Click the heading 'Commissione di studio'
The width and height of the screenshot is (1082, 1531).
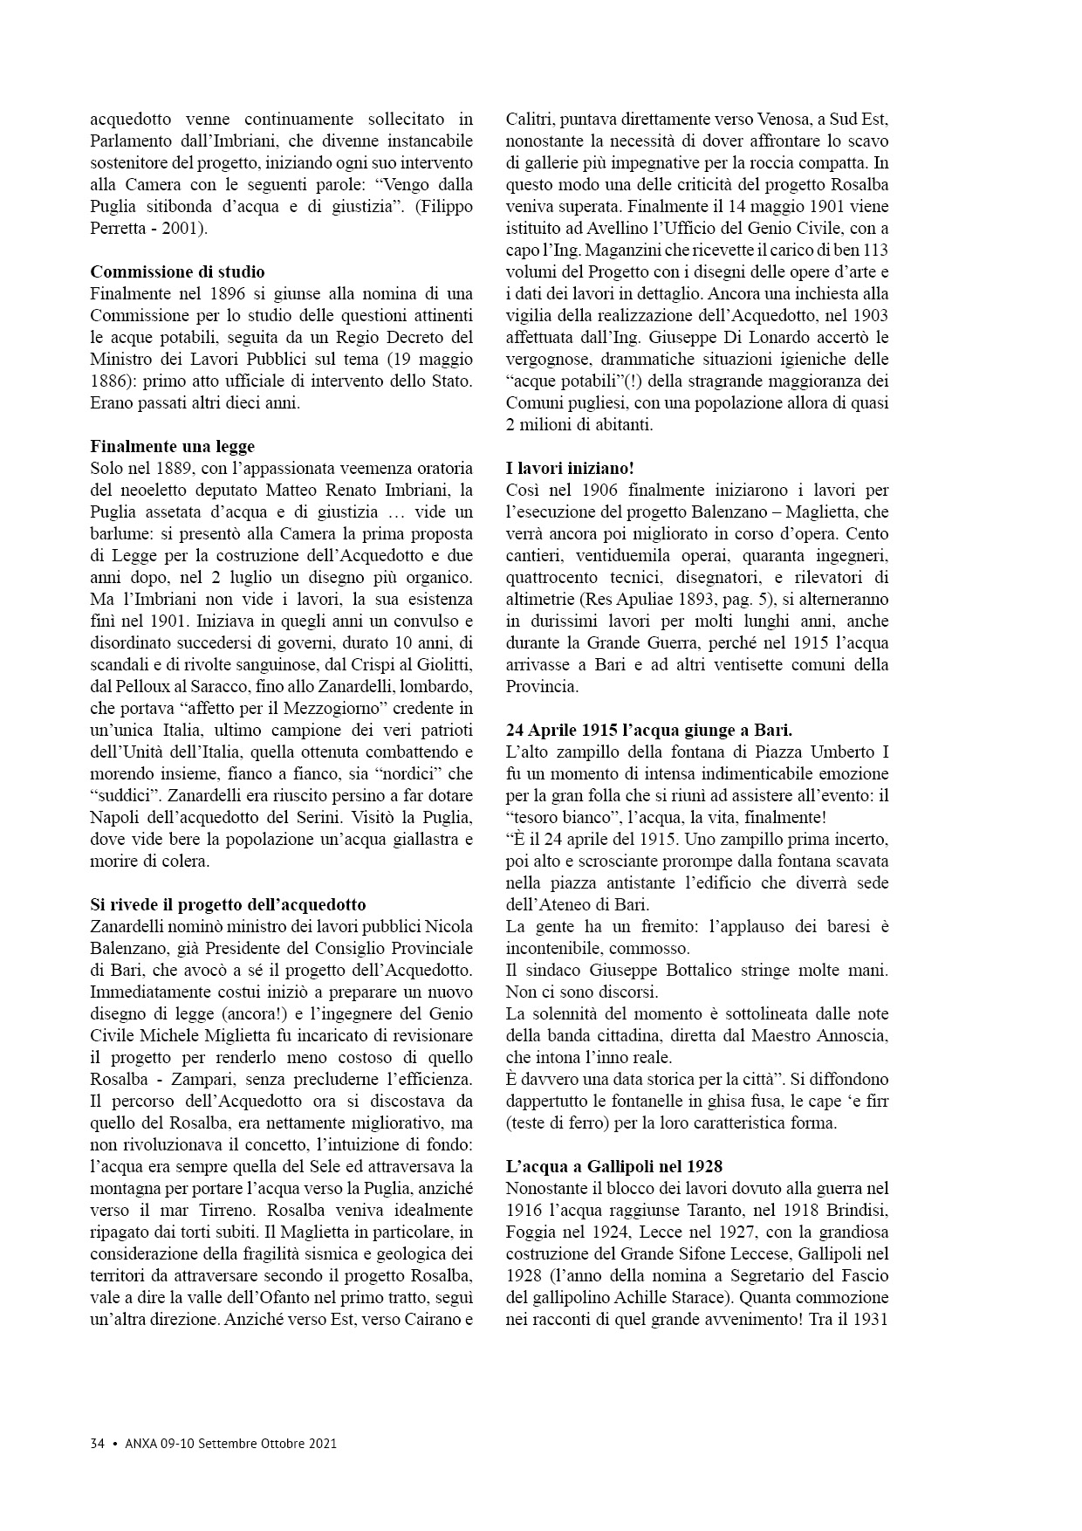[x=177, y=271]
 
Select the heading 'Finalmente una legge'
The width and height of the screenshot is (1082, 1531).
[x=173, y=446]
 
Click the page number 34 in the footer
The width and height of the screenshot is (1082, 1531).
[x=97, y=1443]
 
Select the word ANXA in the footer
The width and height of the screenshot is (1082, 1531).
[x=140, y=1443]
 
